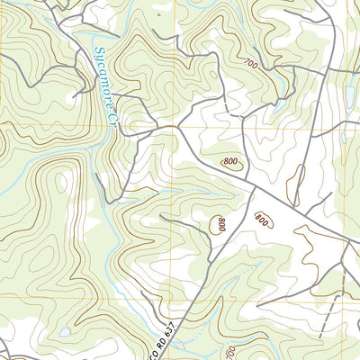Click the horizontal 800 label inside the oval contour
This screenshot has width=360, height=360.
coord(232,162)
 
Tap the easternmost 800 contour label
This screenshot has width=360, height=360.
coord(262,219)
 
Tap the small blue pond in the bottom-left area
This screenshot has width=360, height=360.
coord(66,332)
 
